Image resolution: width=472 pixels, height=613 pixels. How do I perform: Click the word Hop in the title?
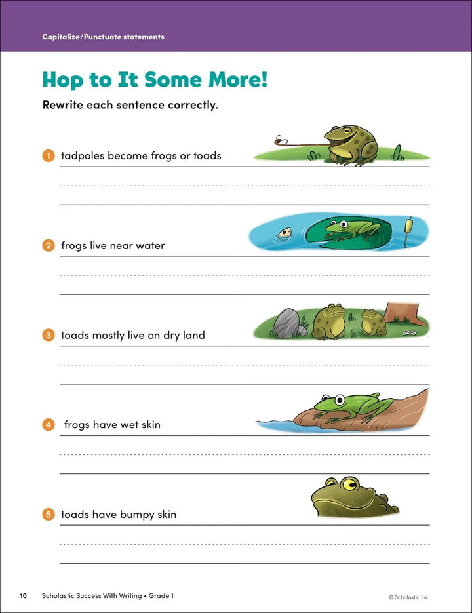(65, 80)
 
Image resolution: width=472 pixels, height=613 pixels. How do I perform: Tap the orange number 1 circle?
(48, 156)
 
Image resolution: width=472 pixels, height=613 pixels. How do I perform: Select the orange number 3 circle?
(48, 335)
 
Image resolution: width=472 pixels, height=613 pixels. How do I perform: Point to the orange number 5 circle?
(48, 515)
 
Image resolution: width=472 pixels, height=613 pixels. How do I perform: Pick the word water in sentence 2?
(150, 246)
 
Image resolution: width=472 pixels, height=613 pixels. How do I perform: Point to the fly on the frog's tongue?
(281, 139)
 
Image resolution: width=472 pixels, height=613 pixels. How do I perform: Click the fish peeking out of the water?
(283, 232)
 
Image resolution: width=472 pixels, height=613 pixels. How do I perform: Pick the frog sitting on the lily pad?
(351, 229)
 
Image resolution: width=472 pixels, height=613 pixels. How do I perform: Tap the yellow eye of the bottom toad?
(349, 485)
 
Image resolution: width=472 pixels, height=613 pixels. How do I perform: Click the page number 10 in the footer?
(24, 596)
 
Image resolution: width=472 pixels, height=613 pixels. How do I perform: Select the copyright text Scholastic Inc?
(409, 597)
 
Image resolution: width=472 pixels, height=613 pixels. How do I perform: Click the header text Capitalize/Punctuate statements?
(104, 37)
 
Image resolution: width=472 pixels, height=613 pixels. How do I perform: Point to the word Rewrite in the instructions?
(65, 105)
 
